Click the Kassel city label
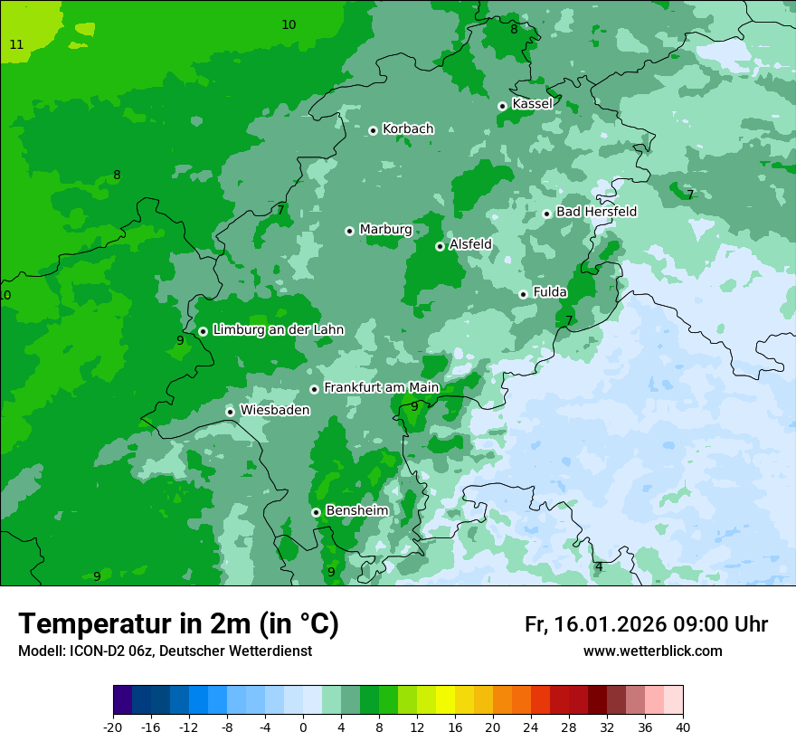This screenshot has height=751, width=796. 532,104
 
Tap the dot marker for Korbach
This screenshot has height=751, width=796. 373,130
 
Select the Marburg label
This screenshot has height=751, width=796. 385,230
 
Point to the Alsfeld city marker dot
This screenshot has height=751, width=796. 440,246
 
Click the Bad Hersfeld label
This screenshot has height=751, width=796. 596,212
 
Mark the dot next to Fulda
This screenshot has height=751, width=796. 523,294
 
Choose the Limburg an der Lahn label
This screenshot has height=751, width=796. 278,330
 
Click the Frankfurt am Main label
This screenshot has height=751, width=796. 381,388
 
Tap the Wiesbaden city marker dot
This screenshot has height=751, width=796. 231,412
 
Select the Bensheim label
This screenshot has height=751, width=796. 356,510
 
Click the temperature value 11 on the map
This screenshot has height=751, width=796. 16,44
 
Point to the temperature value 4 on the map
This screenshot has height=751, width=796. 599,567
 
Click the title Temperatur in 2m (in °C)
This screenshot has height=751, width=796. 178,623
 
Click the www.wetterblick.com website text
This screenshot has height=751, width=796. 652,651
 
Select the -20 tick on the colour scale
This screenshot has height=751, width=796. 113,727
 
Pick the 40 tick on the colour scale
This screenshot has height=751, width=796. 683,727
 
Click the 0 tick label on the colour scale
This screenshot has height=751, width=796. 303,727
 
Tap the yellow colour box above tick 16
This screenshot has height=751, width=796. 445,700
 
